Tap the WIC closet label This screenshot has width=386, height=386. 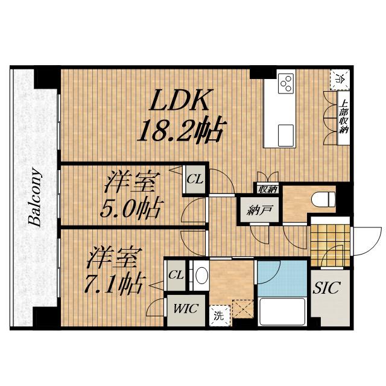182,309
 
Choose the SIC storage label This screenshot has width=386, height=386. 327,288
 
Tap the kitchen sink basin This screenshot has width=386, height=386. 285,133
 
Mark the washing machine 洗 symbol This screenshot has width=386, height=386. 217,314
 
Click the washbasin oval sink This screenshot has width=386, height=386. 201,276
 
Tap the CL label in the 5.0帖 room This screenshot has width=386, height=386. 194,179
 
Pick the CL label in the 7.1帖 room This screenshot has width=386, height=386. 176,275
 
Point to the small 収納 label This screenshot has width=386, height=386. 267,189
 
